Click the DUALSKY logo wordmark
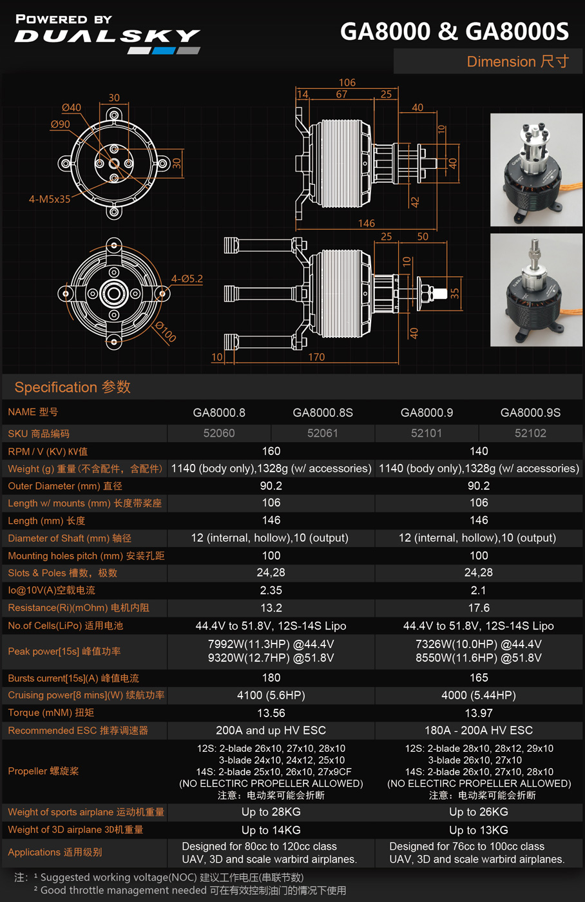(x=107, y=36)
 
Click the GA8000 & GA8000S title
(x=455, y=32)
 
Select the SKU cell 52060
(x=219, y=433)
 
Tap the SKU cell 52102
(x=530, y=433)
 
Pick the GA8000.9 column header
(x=427, y=413)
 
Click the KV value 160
(x=271, y=451)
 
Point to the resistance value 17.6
(x=479, y=608)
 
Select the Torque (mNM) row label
(x=51, y=713)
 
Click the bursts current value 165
(x=479, y=678)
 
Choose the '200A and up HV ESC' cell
(x=271, y=731)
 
